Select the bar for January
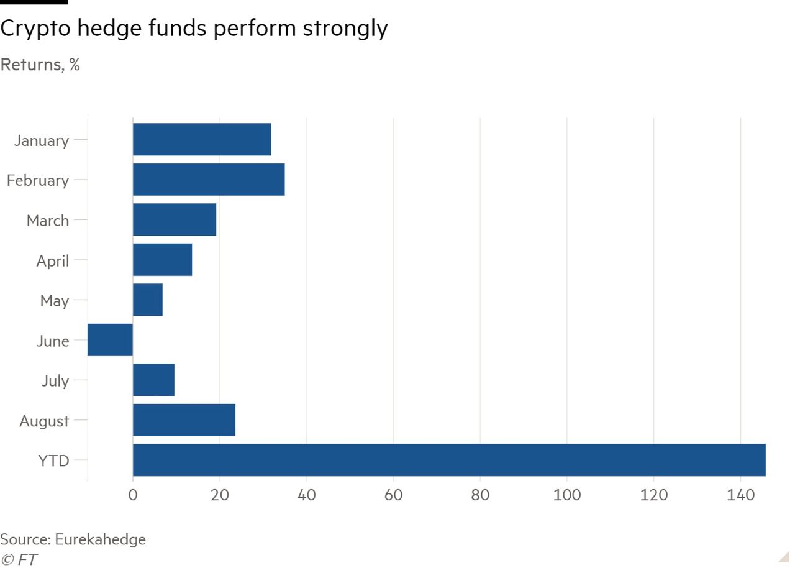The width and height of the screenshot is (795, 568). pyautogui.click(x=202, y=139)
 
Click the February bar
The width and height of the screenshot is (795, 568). pyautogui.click(x=209, y=180)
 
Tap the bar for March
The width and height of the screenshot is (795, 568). pyautogui.click(x=175, y=219)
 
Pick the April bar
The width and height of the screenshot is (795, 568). pyautogui.click(x=162, y=260)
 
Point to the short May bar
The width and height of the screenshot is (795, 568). pyautogui.click(x=148, y=300)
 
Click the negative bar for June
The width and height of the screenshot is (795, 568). pyautogui.click(x=110, y=340)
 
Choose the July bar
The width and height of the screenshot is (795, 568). pyautogui.click(x=153, y=380)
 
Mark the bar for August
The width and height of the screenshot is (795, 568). pyautogui.click(x=184, y=420)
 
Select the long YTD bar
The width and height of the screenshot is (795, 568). pyautogui.click(x=449, y=460)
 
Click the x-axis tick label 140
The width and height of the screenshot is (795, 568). pyautogui.click(x=740, y=495)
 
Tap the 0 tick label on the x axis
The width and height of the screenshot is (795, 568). pyautogui.click(x=133, y=495)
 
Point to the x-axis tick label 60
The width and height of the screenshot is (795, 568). pyautogui.click(x=393, y=495)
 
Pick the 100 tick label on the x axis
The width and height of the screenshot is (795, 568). pyautogui.click(x=566, y=495)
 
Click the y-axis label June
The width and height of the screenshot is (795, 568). pyautogui.click(x=52, y=341)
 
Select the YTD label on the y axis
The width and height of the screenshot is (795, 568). pyautogui.click(x=54, y=460)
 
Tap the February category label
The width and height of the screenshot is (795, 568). pyautogui.click(x=38, y=180)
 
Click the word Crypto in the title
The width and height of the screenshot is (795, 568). pyautogui.click(x=36, y=29)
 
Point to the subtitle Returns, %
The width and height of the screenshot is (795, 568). pyautogui.click(x=40, y=65)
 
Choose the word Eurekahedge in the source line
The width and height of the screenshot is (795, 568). pyautogui.click(x=100, y=539)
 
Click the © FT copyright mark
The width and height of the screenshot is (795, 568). pyautogui.click(x=19, y=559)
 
